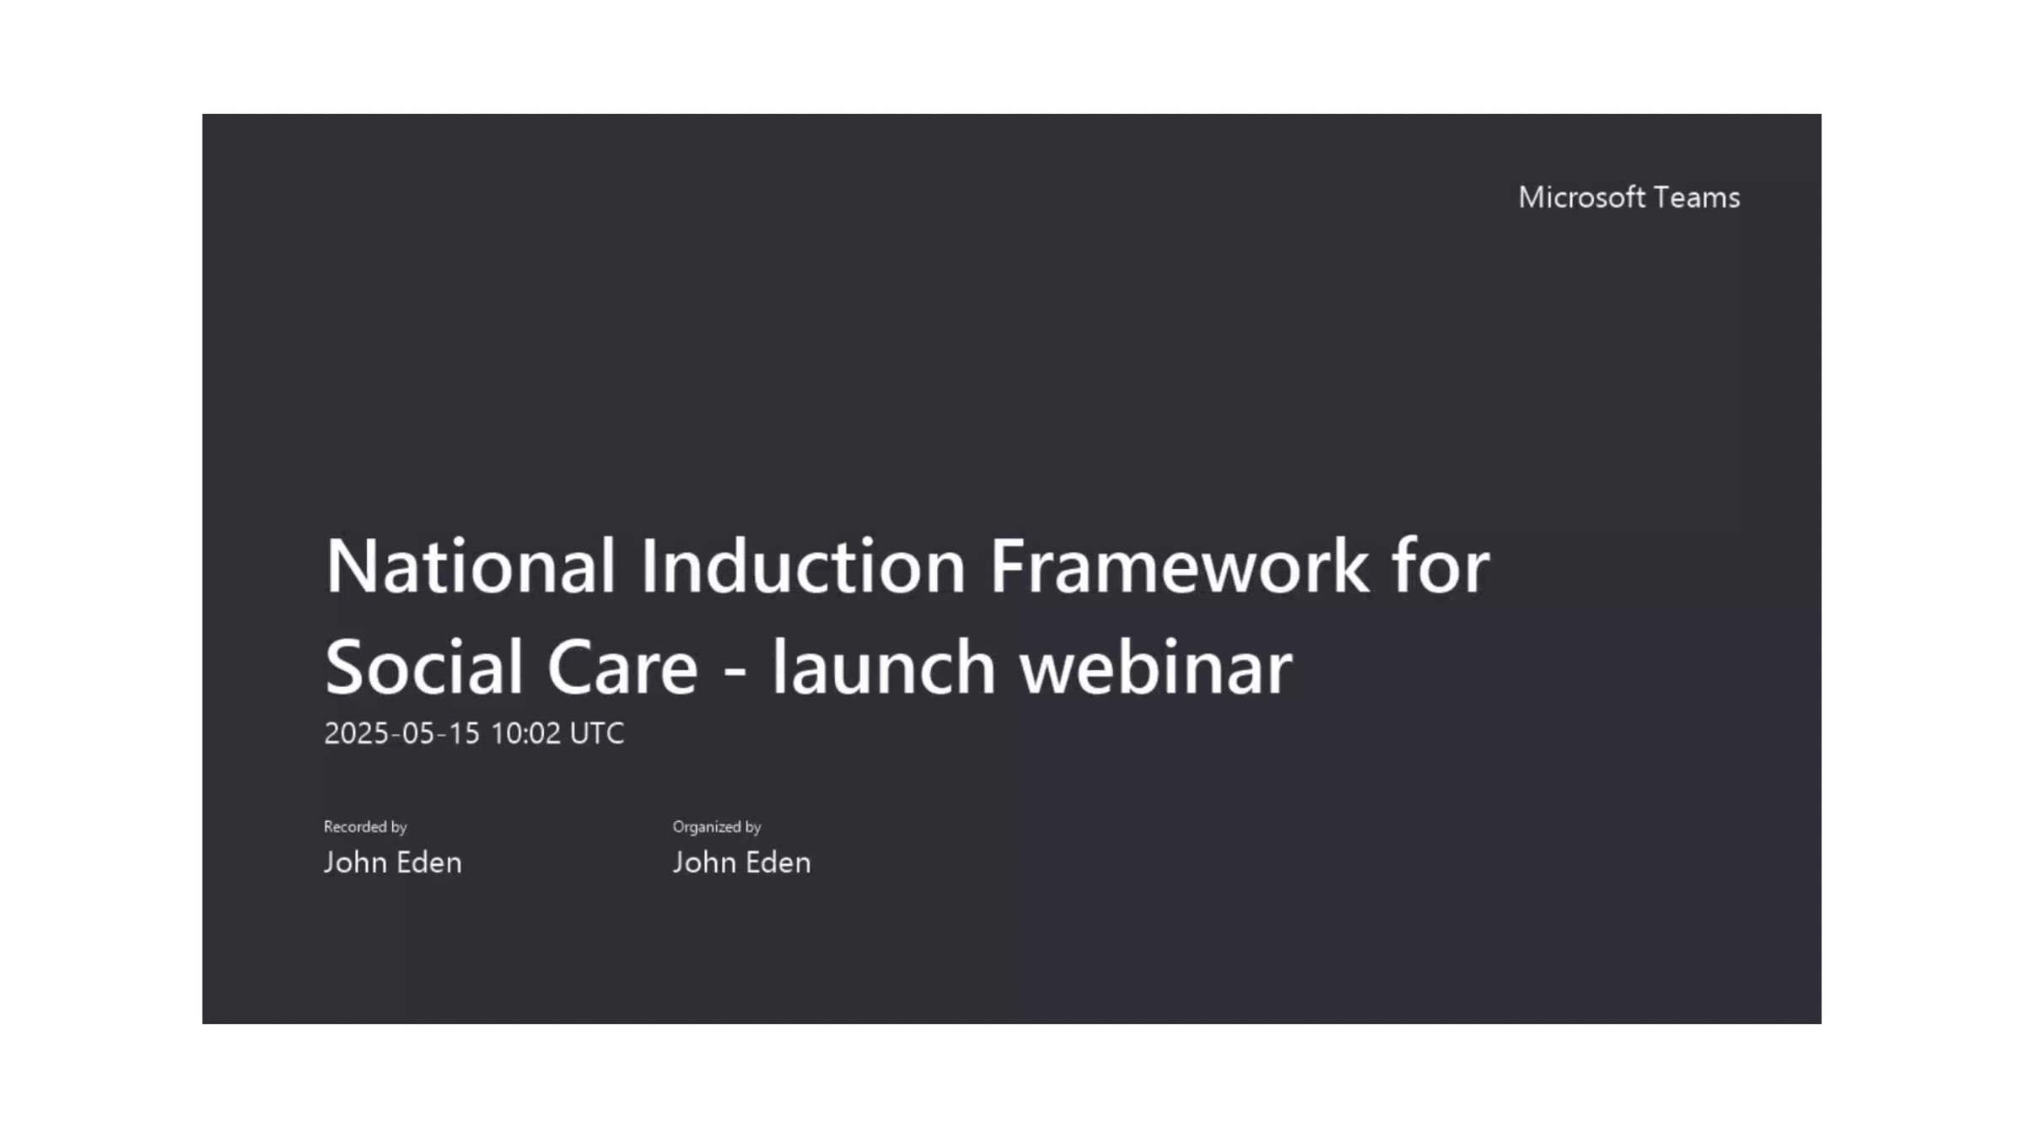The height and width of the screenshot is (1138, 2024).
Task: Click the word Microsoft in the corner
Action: (1581, 197)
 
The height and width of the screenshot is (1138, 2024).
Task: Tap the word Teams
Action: (1696, 197)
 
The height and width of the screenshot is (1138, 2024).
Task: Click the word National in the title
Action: (471, 566)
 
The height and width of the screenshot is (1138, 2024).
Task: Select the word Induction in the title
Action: (802, 566)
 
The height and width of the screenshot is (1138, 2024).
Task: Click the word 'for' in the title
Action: (1440, 566)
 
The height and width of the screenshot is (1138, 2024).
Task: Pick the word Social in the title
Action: (423, 668)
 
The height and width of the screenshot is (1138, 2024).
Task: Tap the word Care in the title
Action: (622, 668)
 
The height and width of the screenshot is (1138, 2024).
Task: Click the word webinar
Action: (1155, 668)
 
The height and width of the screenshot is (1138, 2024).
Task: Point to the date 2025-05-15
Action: (401, 733)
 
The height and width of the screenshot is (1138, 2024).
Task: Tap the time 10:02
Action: (525, 733)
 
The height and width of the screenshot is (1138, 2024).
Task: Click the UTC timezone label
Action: (597, 733)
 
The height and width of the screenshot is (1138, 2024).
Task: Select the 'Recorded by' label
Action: (365, 827)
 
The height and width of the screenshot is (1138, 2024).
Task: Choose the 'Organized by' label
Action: (717, 827)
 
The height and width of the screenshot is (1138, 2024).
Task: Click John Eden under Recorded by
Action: (393, 862)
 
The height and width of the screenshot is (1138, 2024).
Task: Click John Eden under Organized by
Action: (742, 862)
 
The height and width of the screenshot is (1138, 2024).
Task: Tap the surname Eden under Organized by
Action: (776, 862)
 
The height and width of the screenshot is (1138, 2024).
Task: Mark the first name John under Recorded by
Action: (355, 862)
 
